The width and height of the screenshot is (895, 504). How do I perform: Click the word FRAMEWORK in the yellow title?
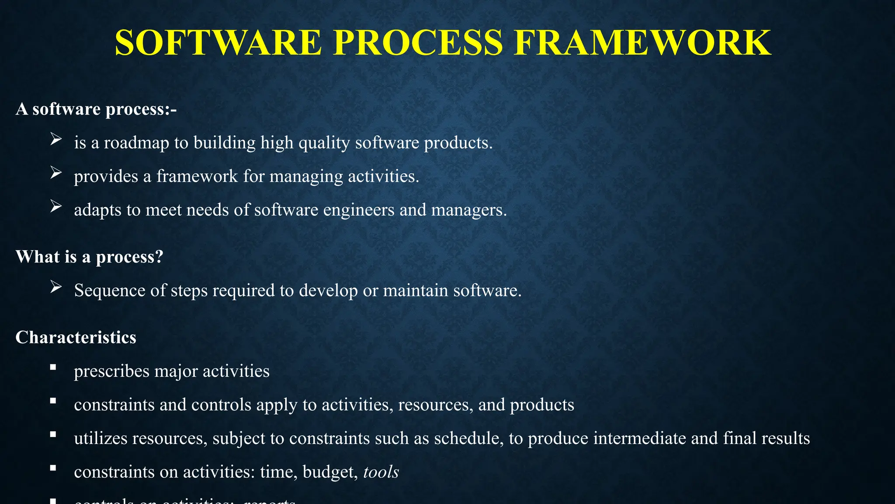point(642,43)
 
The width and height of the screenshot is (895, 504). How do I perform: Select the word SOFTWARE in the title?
point(219,43)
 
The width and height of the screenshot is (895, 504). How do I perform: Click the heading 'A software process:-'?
point(96,109)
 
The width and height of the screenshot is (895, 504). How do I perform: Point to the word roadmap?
point(136,143)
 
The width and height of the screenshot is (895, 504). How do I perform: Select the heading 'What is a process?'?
point(90,257)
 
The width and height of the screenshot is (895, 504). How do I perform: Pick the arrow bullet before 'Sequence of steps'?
point(56,287)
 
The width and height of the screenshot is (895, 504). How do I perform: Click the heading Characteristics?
point(76,337)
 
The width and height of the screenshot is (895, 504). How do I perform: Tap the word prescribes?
point(112,371)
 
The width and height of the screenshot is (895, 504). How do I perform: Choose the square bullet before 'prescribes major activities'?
point(53,367)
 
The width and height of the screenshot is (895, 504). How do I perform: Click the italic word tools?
point(381,472)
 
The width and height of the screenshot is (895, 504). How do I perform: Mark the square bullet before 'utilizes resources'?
point(53,434)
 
